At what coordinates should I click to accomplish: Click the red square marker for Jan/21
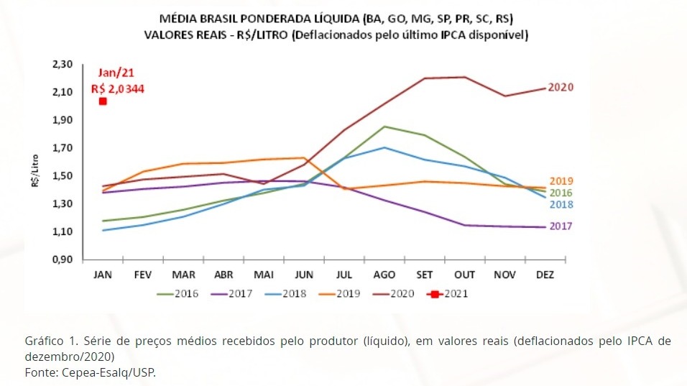point(103,101)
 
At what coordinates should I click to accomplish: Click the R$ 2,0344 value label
point(118,88)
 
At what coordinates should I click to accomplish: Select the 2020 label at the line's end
point(561,87)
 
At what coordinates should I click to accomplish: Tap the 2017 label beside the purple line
point(561,226)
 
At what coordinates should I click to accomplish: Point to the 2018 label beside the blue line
point(561,205)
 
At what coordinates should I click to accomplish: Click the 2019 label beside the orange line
point(561,181)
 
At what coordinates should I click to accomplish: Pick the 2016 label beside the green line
point(561,193)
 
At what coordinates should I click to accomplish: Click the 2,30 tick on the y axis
point(63,65)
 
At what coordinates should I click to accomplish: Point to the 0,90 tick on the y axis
point(63,259)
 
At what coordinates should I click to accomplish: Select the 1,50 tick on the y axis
point(63,176)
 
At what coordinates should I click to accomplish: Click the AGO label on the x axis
point(386,275)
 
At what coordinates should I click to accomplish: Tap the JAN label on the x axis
point(103,275)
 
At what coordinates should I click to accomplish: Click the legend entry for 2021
point(448,293)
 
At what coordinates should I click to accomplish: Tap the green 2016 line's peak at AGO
point(385,127)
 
